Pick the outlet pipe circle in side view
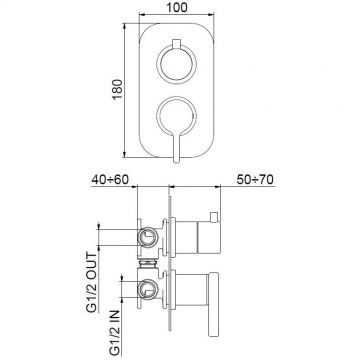[x=147, y=236]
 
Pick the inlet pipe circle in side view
[x=147, y=292]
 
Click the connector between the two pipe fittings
[x=148, y=266]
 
